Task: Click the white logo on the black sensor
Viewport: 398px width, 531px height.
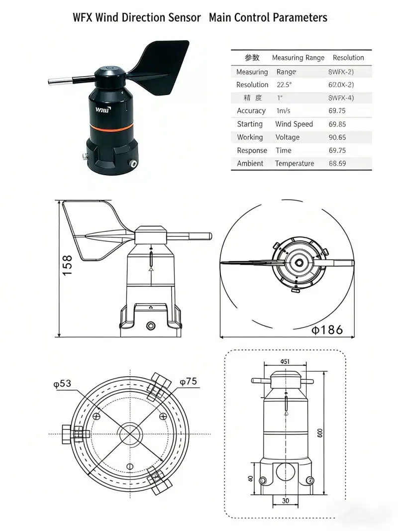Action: point(103,107)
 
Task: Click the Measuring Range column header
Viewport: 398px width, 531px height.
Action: point(298,58)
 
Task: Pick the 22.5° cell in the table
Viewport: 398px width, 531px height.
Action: point(284,85)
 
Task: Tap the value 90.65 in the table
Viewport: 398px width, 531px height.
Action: point(337,137)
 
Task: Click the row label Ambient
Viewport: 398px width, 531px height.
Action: point(250,163)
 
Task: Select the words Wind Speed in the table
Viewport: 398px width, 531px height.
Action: point(294,124)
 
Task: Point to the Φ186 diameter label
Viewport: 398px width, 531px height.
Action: point(327,329)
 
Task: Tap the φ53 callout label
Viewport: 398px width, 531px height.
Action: point(62,383)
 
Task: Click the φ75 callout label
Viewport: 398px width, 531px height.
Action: point(188,382)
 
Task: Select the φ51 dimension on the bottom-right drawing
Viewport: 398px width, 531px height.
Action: point(285,362)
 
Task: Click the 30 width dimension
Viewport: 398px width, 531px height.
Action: point(286,501)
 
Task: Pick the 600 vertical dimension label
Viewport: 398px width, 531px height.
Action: point(320,433)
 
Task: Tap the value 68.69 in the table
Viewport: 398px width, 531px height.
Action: point(337,163)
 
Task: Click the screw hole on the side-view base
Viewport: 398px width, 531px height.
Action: point(151,325)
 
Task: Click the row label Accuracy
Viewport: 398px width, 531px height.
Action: point(251,111)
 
